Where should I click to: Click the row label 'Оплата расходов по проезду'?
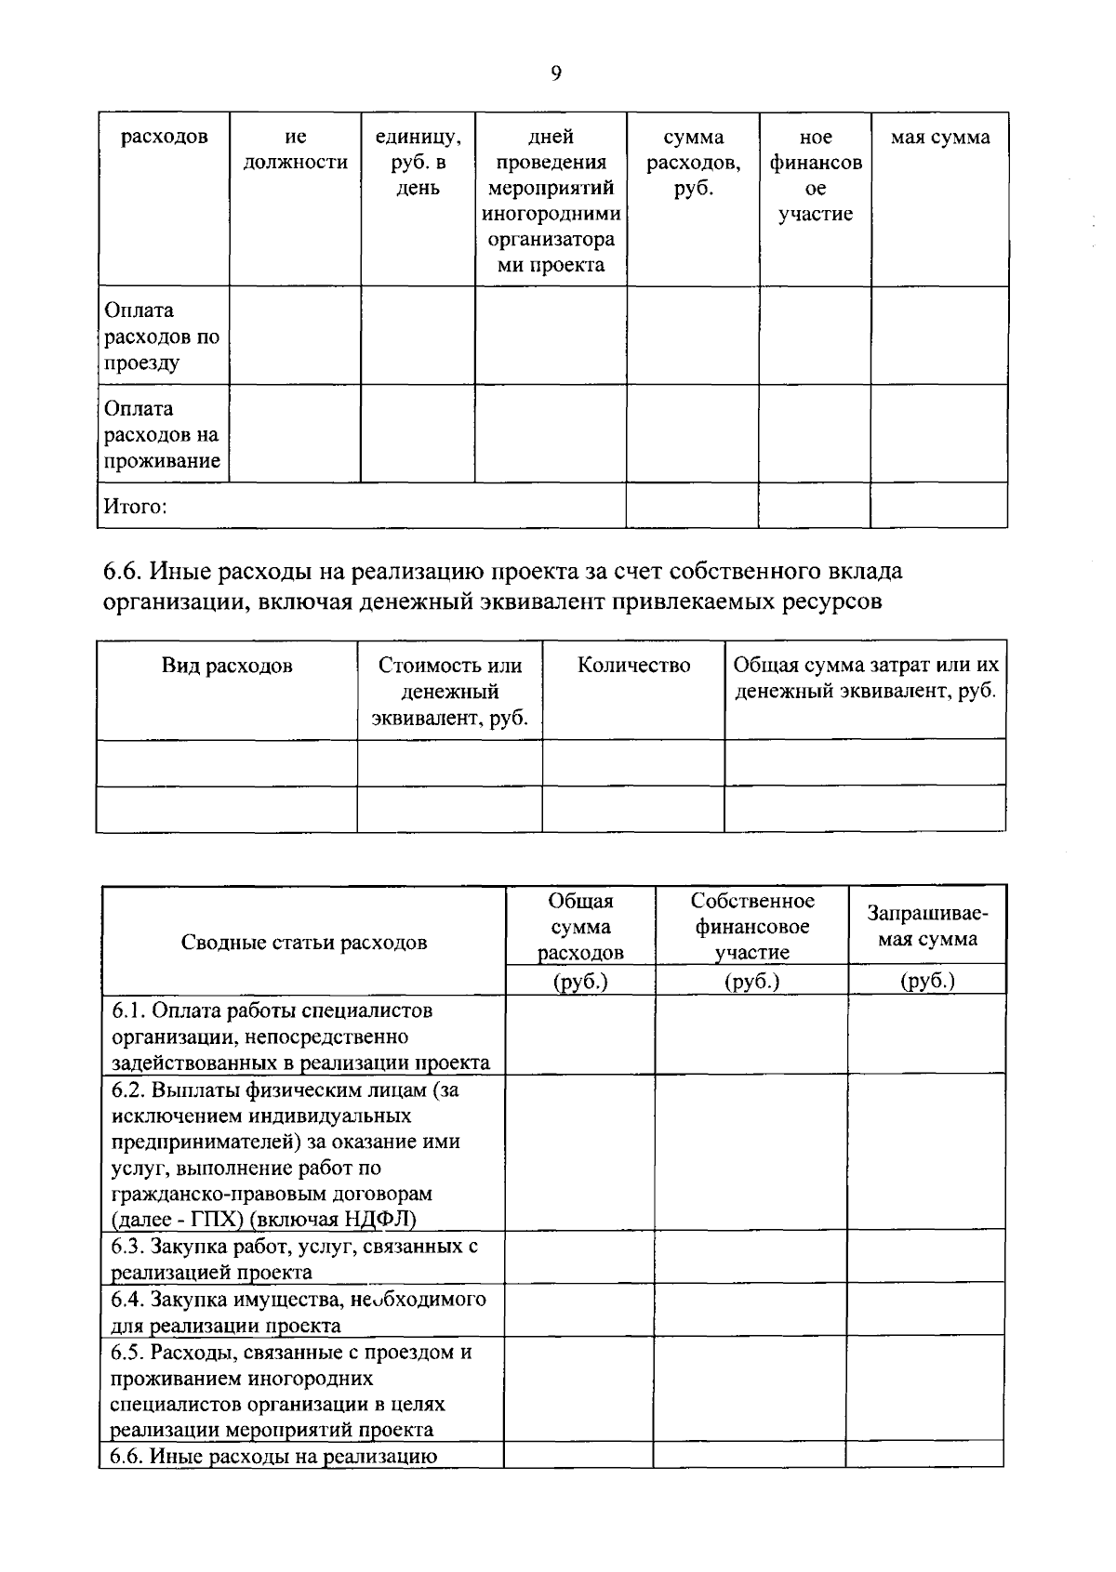(x=163, y=336)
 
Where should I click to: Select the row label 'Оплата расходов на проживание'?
(x=163, y=434)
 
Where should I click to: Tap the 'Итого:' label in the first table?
(x=135, y=507)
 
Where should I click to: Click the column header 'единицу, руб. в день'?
(x=418, y=163)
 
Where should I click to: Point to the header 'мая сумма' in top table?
(x=940, y=138)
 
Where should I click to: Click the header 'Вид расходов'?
(x=227, y=666)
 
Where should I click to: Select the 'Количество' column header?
(x=633, y=666)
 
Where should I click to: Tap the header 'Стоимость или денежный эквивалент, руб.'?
(x=450, y=692)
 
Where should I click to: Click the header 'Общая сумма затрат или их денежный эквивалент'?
(x=865, y=679)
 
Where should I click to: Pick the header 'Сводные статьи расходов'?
(x=304, y=943)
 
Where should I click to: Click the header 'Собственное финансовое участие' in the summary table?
(x=751, y=926)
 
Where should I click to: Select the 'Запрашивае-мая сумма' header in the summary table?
(x=926, y=926)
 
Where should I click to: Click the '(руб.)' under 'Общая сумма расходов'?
(x=580, y=981)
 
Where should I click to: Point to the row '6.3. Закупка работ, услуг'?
(x=295, y=1259)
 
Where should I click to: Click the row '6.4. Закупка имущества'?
(x=298, y=1311)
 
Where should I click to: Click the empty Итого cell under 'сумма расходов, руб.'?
(x=692, y=507)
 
